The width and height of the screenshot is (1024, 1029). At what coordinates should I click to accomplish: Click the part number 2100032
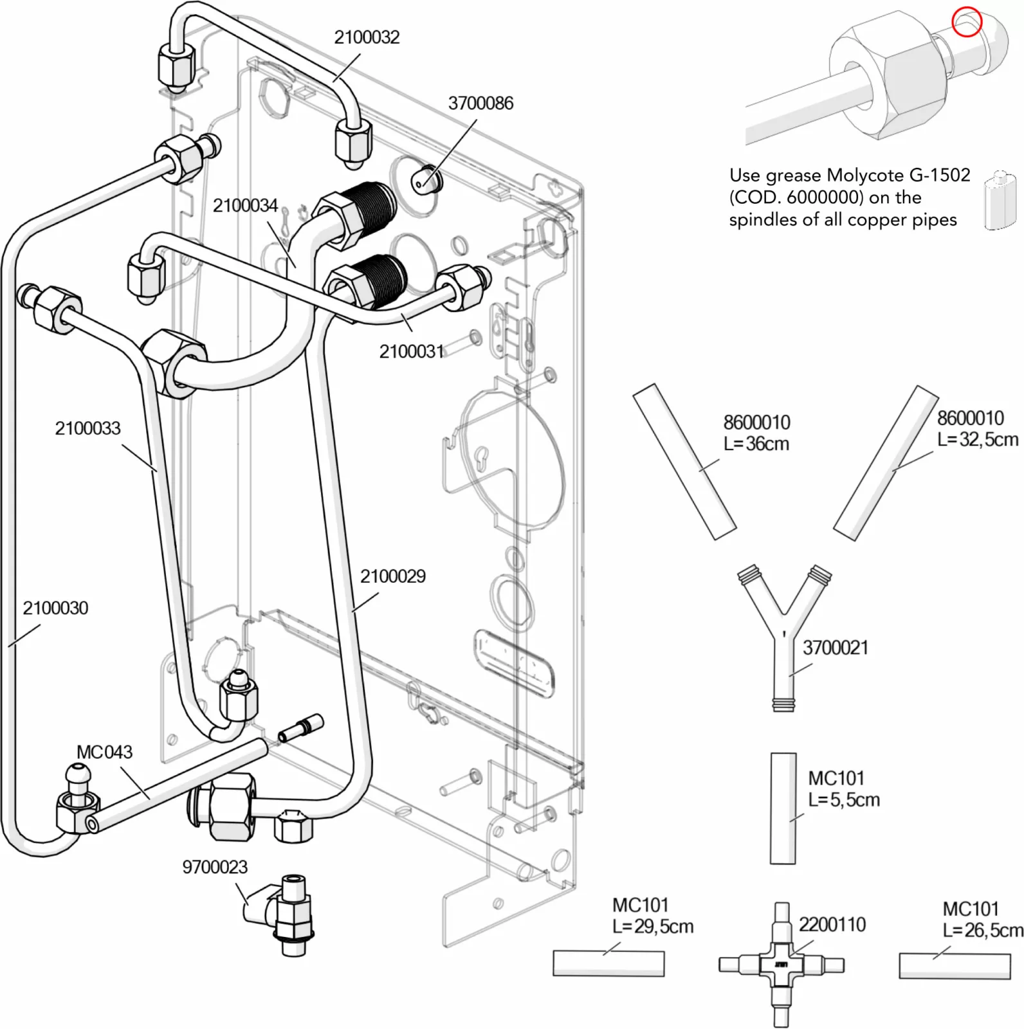pos(367,37)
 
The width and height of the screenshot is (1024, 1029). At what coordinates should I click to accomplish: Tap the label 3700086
pos(480,104)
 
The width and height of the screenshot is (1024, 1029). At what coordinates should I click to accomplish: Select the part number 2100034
pos(245,206)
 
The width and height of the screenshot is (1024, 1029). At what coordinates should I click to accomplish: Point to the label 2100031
pos(412,352)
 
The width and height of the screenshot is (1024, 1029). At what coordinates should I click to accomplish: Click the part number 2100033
pos(87,428)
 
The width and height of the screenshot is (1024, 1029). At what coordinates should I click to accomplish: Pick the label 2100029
pos(392,576)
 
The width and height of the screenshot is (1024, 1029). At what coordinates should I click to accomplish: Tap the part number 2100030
pos(55,608)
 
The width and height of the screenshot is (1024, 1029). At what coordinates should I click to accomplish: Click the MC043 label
pos(104,752)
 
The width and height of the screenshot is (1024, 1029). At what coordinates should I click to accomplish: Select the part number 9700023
pos(215,867)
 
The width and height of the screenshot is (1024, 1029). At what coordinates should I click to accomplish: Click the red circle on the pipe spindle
pos(967,23)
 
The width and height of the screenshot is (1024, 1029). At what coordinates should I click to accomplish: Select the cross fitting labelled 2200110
pos(781,965)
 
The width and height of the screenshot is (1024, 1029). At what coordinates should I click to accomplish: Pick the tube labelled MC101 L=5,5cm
pos(783,808)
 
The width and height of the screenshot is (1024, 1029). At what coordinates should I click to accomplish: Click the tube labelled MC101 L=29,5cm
pos(608,963)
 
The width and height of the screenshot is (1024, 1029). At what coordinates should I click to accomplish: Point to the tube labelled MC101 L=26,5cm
pos(955,966)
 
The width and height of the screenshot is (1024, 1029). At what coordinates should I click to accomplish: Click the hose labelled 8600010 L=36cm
pos(684,462)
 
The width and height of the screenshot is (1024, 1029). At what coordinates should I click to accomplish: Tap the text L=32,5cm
pos(978,440)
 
